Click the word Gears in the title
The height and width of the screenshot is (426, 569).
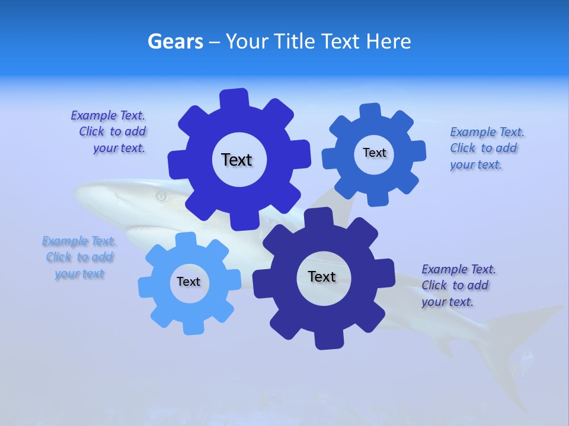[175, 42]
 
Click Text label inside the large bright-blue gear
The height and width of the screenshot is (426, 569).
[236, 160]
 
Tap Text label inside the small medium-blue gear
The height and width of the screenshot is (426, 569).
[374, 153]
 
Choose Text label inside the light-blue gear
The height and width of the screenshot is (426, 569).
[188, 282]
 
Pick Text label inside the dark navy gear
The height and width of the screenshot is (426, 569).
[322, 276]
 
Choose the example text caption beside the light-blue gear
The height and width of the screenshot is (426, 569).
[79, 257]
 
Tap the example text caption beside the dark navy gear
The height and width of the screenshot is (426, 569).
[458, 285]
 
